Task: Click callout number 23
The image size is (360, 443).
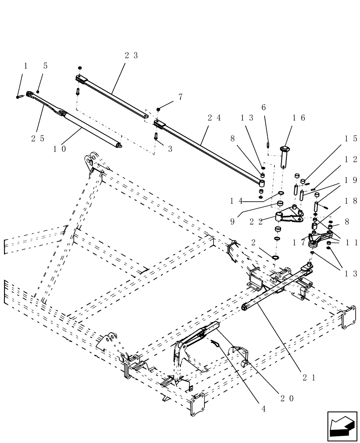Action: click(x=131, y=56)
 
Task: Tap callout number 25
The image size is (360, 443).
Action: click(x=38, y=138)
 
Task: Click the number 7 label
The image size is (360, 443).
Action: click(x=180, y=97)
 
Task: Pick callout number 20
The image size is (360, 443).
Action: click(x=287, y=398)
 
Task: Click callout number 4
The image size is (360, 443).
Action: click(x=263, y=409)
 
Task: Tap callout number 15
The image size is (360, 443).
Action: click(x=351, y=138)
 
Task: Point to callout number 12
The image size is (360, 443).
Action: click(x=351, y=159)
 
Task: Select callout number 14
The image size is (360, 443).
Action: click(x=236, y=201)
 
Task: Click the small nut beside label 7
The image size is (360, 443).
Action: click(x=158, y=109)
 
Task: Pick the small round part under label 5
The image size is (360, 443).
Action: click(x=38, y=91)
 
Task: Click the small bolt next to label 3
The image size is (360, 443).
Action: click(x=156, y=136)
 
